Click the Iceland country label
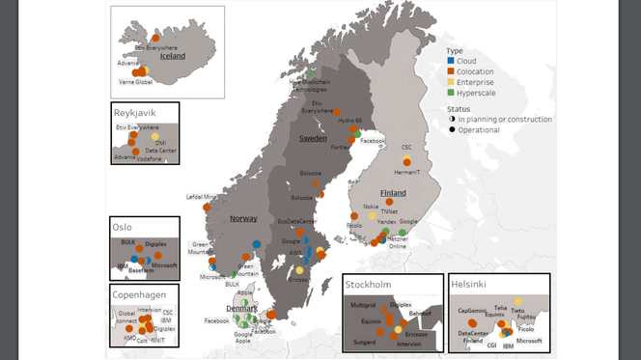click(x=172, y=56)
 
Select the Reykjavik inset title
click(x=135, y=113)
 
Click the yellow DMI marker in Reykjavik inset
click(x=155, y=137)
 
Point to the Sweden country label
click(x=312, y=139)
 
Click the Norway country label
click(x=243, y=219)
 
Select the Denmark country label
click(x=241, y=309)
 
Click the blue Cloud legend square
click(x=451, y=61)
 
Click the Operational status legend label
click(x=480, y=129)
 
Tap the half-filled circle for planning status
click(x=451, y=120)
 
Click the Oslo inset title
click(x=123, y=228)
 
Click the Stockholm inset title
click(x=369, y=285)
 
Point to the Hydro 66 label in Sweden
click(x=350, y=121)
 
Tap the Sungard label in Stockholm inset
click(x=364, y=342)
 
